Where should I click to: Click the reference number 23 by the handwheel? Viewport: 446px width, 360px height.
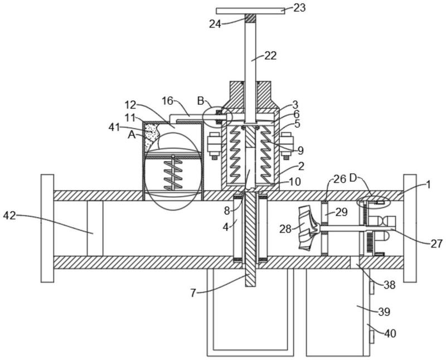(x=299, y=8)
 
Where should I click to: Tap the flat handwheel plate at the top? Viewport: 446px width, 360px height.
(x=250, y=11)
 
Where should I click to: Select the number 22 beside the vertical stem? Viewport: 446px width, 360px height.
(x=270, y=56)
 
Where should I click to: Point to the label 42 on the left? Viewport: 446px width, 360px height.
(x=9, y=216)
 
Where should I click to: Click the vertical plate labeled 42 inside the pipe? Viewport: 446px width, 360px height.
(x=95, y=228)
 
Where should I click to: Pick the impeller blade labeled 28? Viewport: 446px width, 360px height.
(x=309, y=228)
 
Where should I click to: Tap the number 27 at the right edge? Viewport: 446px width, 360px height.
(x=437, y=244)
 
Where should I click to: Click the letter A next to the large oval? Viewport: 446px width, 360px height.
(x=132, y=134)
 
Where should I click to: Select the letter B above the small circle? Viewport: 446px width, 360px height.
(x=201, y=100)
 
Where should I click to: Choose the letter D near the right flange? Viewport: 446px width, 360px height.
(x=353, y=178)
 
